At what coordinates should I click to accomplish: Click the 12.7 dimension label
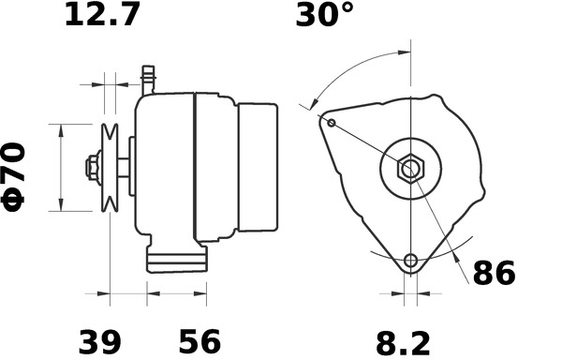click(102, 14)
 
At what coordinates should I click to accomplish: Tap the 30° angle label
click(324, 14)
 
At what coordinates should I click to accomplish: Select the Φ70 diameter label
click(14, 177)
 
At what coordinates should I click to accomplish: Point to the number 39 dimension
click(99, 341)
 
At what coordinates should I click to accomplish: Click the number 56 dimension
click(200, 341)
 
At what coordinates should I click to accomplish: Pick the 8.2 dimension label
click(403, 343)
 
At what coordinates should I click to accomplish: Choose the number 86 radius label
click(495, 273)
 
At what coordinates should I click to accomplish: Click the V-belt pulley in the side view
click(110, 168)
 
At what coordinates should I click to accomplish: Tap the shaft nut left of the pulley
click(93, 168)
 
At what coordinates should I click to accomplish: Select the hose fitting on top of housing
click(148, 81)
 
